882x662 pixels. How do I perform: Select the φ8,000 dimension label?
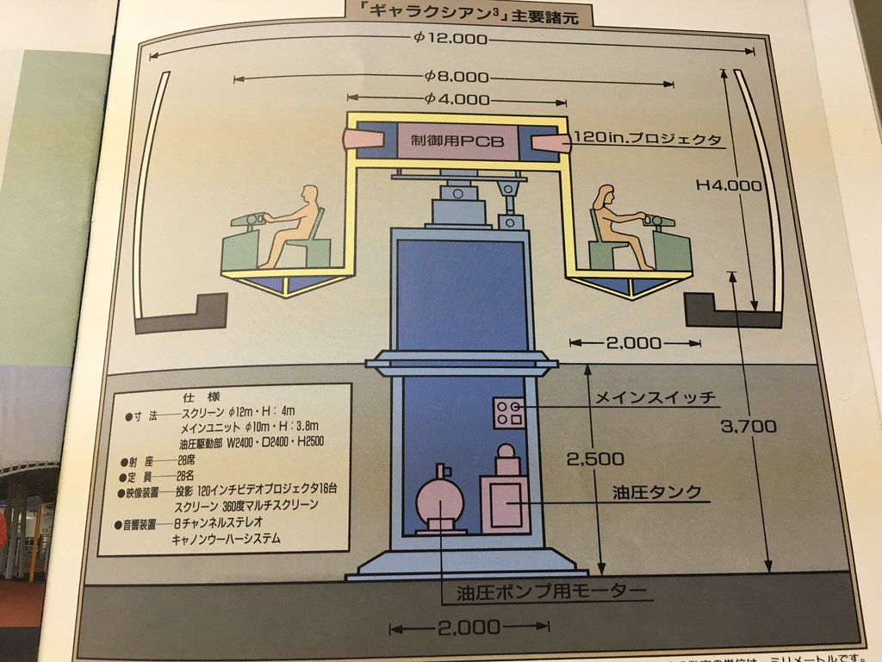(457, 76)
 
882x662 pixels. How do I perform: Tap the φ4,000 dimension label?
(457, 98)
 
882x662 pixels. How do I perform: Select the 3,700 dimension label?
(750, 426)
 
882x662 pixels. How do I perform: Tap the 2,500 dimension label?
(596, 459)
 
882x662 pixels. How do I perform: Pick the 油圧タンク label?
(656, 492)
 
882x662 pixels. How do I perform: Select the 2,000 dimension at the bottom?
(469, 627)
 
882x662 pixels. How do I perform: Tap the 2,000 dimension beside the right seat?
(634, 343)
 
